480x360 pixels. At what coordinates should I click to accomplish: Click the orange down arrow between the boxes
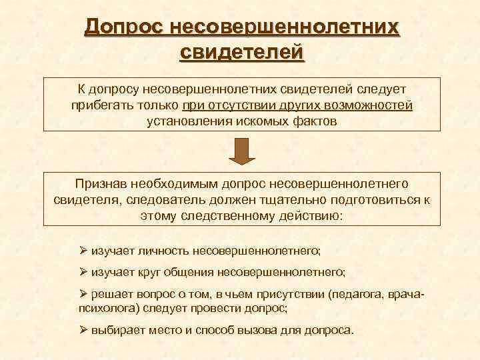(x=242, y=151)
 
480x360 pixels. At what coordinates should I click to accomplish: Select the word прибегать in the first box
(x=100, y=105)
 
